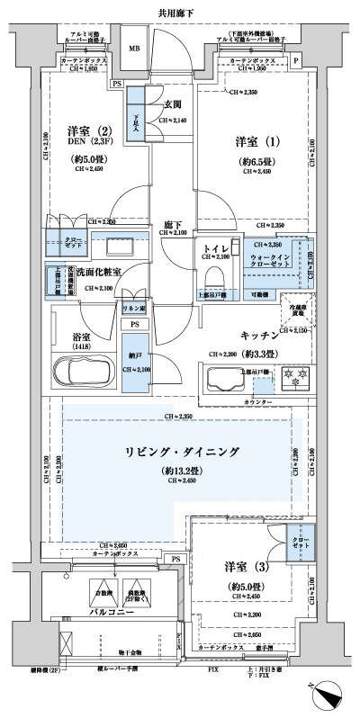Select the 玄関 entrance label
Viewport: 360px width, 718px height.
click(x=170, y=103)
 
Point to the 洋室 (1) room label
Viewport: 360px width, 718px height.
click(x=251, y=141)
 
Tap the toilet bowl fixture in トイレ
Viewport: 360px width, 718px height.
click(x=213, y=274)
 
